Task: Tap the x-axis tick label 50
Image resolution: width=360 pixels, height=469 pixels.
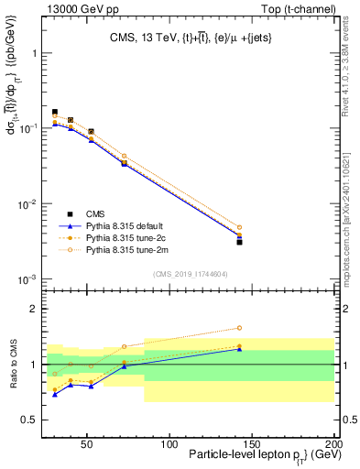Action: (87, 443)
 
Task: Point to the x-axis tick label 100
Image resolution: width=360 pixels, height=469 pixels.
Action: (169, 443)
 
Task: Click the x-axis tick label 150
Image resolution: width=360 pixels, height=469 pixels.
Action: (252, 443)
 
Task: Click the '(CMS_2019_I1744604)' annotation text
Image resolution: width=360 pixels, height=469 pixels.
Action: (191, 273)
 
